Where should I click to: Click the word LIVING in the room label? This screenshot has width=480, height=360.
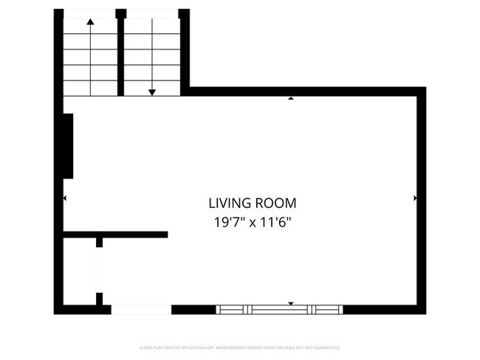point(229,204)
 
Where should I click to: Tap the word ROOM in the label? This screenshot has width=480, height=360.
point(275,204)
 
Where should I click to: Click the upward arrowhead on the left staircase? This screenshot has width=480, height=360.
point(90,21)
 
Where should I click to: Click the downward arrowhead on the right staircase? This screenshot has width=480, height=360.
point(152,92)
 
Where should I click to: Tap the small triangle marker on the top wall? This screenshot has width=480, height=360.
point(291,98)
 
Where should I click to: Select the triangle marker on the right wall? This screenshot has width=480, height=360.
point(416,198)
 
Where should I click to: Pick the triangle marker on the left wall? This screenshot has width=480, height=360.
point(65,198)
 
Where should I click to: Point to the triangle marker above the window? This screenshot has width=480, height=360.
point(291,303)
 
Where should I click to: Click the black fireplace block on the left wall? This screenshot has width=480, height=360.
point(68,146)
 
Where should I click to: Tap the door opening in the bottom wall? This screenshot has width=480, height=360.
point(141,310)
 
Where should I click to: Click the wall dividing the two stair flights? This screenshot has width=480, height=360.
point(121,52)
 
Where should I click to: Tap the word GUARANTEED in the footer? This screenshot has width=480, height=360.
point(324,347)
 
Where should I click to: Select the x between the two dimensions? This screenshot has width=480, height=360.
point(253,221)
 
